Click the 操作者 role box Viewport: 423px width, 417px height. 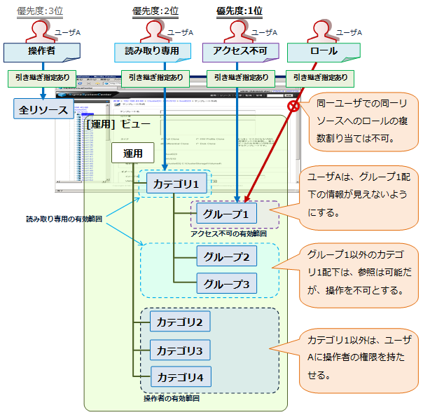pos(42,51)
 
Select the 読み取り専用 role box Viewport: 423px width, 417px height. pos(152,51)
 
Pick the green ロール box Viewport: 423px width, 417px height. pos(324,51)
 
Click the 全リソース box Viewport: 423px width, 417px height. pos(43,109)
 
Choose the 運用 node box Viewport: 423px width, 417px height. pos(133,153)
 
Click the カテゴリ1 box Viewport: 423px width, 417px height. pos(177,185)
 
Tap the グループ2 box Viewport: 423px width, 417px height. pos(226,257)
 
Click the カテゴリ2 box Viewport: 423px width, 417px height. pos(179,322)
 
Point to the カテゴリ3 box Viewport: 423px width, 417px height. pos(179,350)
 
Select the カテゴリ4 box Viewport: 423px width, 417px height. pos(179,377)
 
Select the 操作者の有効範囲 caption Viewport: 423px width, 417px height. pos(172,398)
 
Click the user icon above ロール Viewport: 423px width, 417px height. pos(324,31)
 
